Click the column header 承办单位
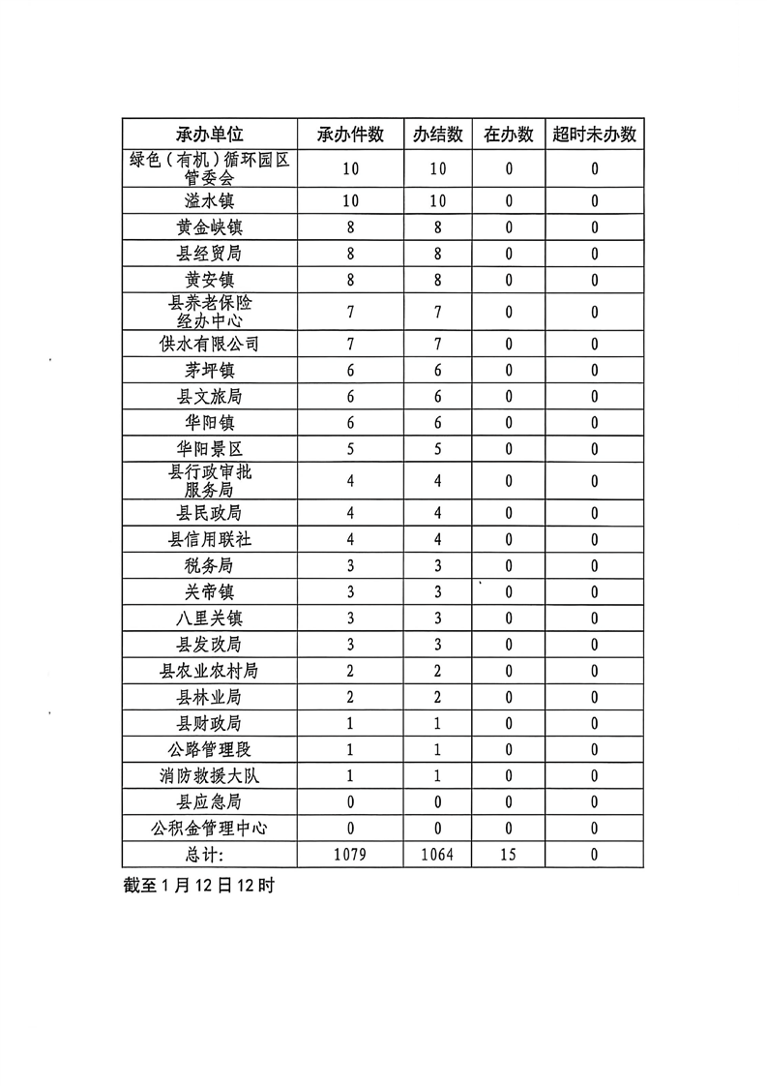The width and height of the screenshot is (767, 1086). click(x=210, y=135)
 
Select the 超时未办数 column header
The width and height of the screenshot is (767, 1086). click(x=594, y=135)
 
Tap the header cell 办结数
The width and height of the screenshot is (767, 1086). click(x=437, y=135)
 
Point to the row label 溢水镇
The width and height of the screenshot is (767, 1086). click(x=210, y=201)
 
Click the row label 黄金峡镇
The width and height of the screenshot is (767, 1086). click(x=210, y=227)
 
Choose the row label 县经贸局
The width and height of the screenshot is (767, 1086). click(x=210, y=254)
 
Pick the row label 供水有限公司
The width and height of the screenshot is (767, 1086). click(x=210, y=345)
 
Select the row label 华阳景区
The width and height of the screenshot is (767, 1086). click(x=210, y=449)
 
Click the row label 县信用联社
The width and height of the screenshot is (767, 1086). click(x=210, y=539)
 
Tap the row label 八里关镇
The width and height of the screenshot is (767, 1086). click(x=210, y=618)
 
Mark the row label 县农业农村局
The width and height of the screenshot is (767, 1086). click(x=210, y=670)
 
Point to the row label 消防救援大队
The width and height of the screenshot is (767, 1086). click(x=210, y=775)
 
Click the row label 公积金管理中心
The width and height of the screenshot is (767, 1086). click(x=210, y=828)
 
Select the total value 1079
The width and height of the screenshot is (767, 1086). click(x=350, y=855)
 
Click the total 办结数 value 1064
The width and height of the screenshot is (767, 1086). click(x=437, y=855)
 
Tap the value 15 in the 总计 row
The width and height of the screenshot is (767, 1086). click(x=509, y=855)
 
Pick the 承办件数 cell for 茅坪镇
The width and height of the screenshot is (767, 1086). click(x=350, y=371)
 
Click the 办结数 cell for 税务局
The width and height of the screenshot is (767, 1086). click(x=437, y=565)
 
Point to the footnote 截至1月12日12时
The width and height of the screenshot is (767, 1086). click(x=199, y=885)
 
